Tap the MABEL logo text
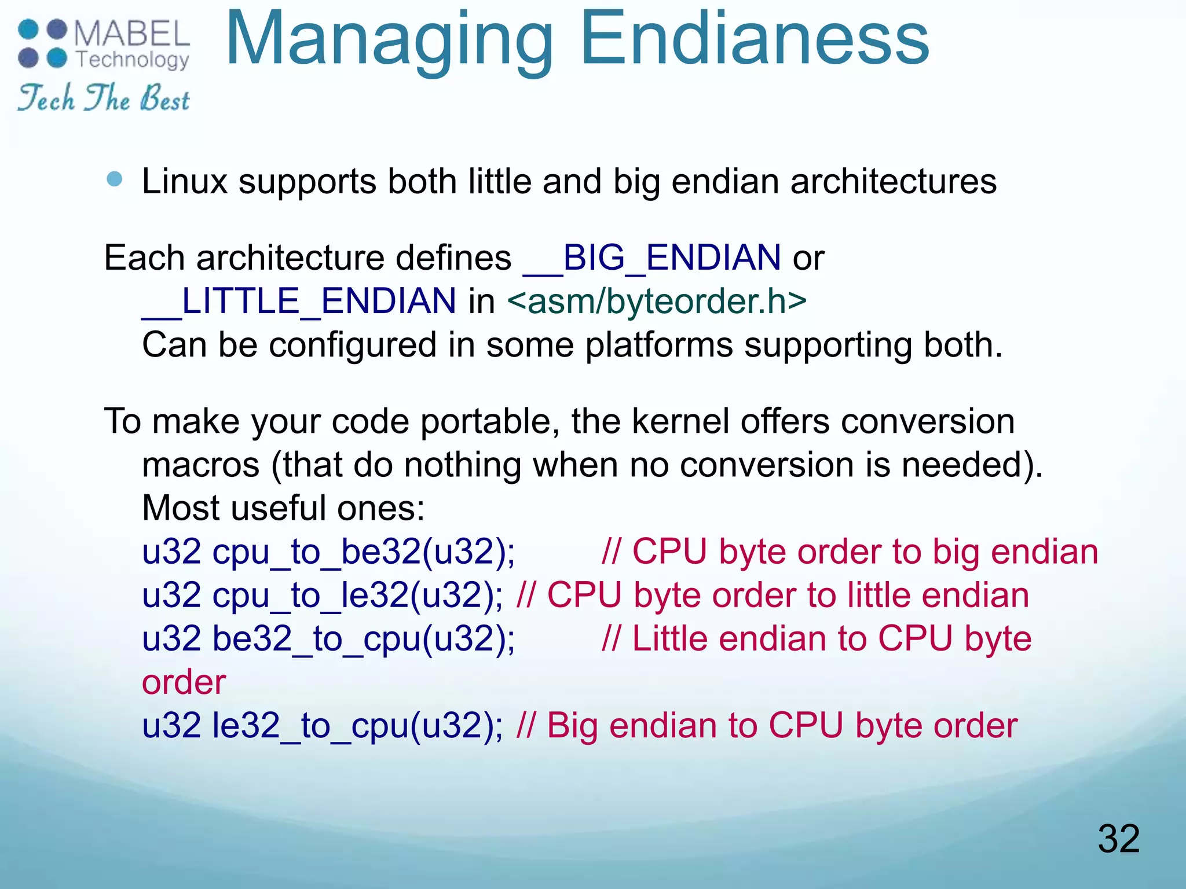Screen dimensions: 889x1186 pos(132,34)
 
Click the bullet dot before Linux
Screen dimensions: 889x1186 pos(115,179)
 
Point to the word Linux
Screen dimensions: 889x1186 pos(185,182)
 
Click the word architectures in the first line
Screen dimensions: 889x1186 pos(893,182)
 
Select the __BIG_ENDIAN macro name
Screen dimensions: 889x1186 pos(651,258)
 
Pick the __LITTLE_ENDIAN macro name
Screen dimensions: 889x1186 pos(299,302)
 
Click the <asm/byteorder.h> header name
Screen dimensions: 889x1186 pos(657,302)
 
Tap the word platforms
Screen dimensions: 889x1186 pos(659,346)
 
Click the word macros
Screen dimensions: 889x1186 pos(200,465)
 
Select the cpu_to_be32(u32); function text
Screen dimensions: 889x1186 pos(364,552)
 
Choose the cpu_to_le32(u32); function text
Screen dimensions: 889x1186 pos(357,596)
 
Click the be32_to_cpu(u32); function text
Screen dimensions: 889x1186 pos(364,639)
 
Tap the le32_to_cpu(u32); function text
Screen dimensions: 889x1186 pos(357,726)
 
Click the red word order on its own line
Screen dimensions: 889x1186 pos(184,682)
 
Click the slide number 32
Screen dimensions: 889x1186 pos(1118,839)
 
